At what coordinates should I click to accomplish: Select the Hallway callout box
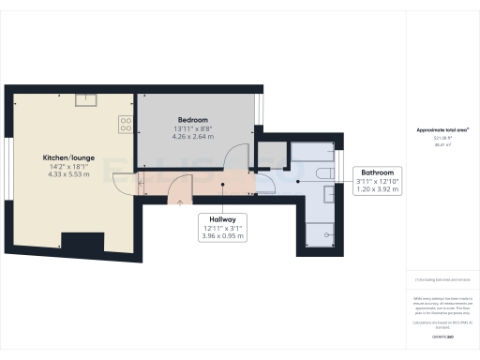coord(222,226)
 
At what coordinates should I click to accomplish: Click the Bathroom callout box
coord(377,180)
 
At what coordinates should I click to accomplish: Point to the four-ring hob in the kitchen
coord(125,122)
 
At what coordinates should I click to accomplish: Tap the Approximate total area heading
coord(442,129)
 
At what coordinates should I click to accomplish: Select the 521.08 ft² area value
coord(441,138)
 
